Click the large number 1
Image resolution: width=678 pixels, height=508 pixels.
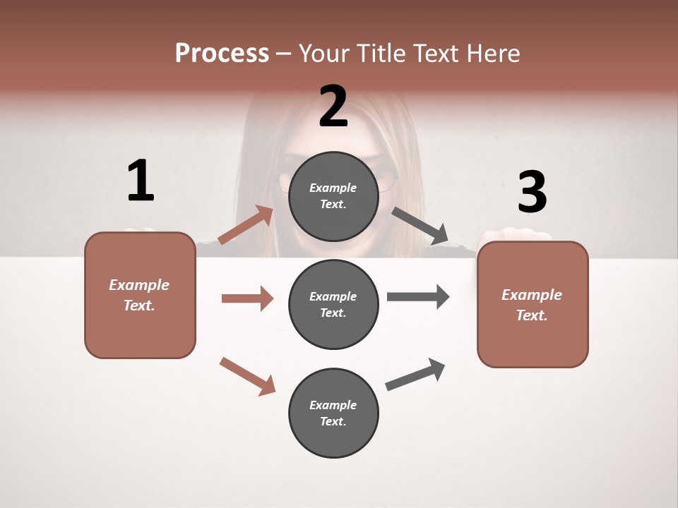[x=141, y=181]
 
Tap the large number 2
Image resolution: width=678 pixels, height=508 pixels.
[x=333, y=107]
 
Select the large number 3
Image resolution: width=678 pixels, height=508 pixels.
[x=532, y=192]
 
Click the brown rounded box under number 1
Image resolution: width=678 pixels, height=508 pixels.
[x=140, y=295]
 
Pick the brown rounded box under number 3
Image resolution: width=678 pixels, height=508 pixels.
[x=533, y=304]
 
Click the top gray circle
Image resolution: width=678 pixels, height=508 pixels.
[x=333, y=196]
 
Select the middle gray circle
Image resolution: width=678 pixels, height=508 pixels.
[x=333, y=304]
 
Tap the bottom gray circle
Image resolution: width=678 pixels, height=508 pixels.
[x=333, y=413]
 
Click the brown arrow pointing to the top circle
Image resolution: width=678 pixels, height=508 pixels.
[x=246, y=225]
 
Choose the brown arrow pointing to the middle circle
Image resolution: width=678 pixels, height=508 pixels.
[x=247, y=298]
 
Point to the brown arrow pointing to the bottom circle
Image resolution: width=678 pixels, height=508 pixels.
[x=247, y=375]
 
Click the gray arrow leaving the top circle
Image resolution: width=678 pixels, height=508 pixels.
[x=420, y=226]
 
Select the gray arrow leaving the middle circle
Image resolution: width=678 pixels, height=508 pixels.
[x=418, y=297]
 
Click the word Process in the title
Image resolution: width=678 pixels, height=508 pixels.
[x=222, y=53]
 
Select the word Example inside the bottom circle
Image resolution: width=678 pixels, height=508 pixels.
[x=333, y=405]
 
